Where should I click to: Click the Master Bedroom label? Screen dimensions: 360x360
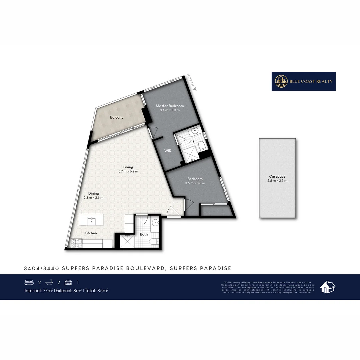pos(170,106)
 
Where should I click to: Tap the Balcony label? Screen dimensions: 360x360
pos(117,117)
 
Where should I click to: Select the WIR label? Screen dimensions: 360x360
pos(168,151)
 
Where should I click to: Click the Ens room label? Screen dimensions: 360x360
pos(191,141)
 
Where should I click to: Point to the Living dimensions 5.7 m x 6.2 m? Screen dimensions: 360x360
pos(128,171)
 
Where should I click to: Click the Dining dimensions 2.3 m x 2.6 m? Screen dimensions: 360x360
pos(93,198)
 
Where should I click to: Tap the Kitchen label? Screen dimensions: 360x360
pos(90,233)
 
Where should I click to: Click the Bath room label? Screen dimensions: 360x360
pos(144,234)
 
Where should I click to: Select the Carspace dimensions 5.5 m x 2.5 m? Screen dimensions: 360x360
pos(277,181)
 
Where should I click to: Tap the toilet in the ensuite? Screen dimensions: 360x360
pos(201,144)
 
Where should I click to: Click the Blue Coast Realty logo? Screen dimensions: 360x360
pos(303,81)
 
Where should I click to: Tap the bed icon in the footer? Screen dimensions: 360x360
pos(29,283)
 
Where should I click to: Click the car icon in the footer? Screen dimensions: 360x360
pos(68,283)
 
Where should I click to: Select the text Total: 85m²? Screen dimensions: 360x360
pos(97,290)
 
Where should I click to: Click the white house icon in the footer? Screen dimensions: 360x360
pos(327,287)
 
